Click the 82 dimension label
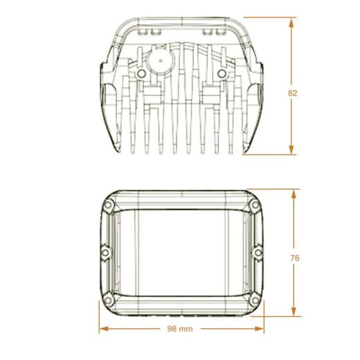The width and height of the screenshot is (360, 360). (x=292, y=93)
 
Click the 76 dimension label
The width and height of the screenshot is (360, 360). (x=295, y=258)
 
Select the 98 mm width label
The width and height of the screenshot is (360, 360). (x=180, y=329)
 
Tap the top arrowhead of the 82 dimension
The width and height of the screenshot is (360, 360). (x=291, y=24)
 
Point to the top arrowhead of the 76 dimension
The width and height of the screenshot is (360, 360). (x=294, y=195)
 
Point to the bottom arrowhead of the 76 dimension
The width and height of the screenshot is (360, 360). (x=294, y=311)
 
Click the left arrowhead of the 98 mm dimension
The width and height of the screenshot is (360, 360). (x=104, y=329)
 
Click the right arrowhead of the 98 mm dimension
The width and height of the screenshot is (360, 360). (x=259, y=329)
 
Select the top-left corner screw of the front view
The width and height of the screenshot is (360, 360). (x=108, y=205)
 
